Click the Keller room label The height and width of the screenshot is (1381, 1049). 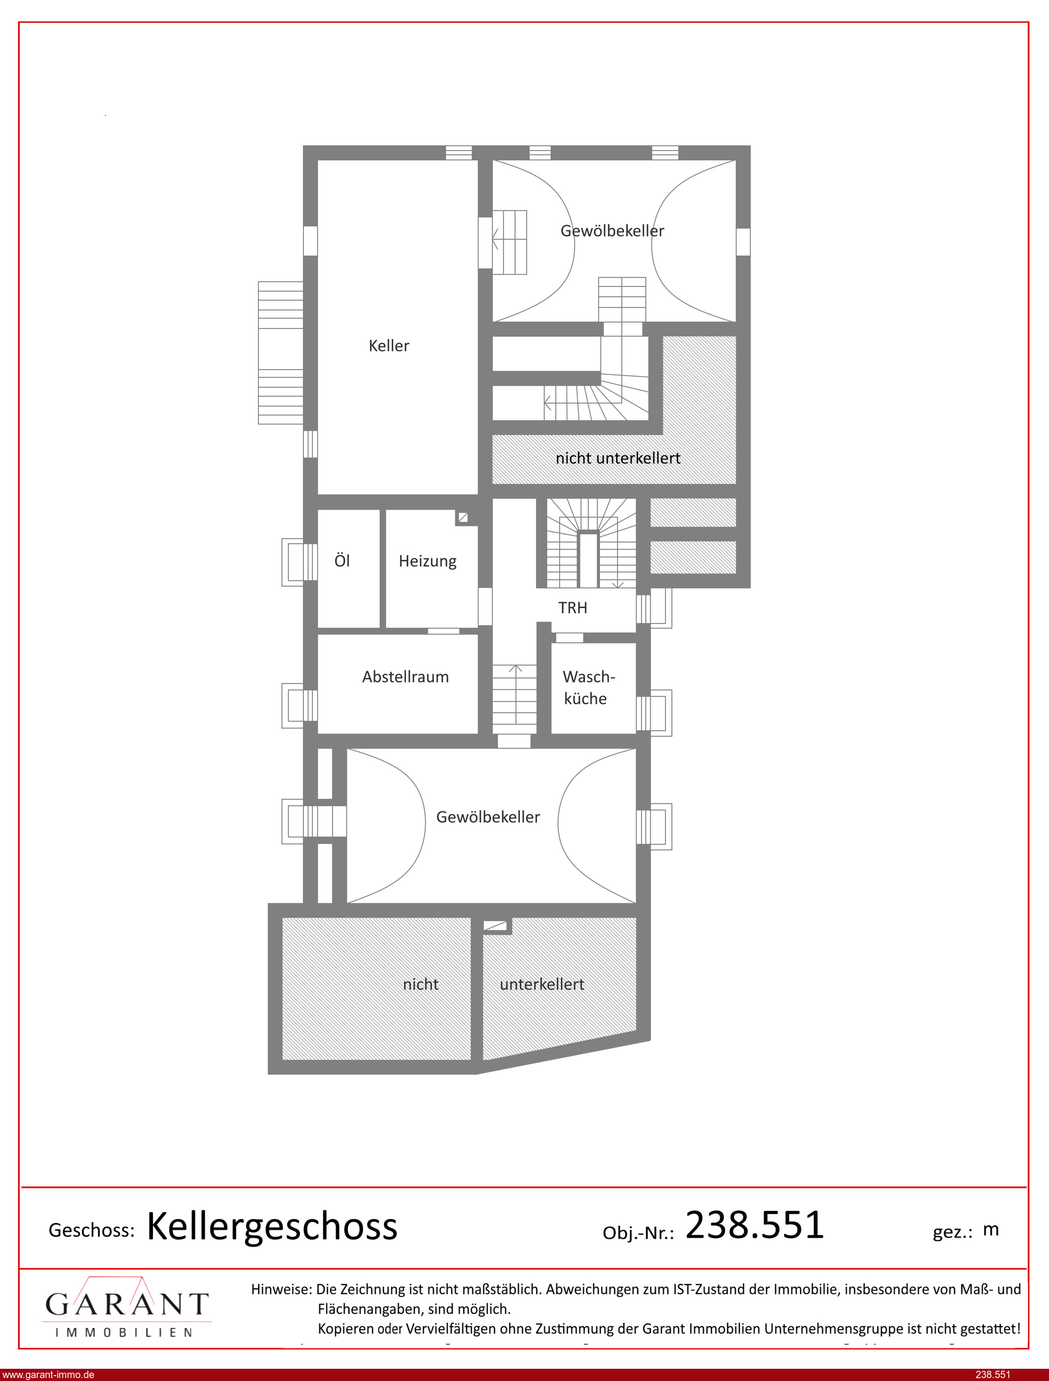pos(388,346)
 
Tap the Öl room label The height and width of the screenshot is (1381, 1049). pos(342,560)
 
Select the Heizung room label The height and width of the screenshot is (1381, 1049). pos(428,561)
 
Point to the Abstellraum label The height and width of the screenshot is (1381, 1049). pos(405,677)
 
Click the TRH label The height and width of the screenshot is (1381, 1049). pos(573,608)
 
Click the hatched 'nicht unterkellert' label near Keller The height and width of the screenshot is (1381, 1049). pos(618,458)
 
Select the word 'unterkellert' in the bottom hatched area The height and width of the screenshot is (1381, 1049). pos(542,985)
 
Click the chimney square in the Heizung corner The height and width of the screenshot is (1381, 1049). pos(463,517)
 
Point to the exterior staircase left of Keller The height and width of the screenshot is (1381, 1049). pos(280,353)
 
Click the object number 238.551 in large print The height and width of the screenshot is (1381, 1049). pos(754,1225)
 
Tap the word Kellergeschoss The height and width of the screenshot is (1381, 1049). pos(272,1227)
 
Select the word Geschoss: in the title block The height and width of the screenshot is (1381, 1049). pos(92,1230)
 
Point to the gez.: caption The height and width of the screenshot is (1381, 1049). pos(952,1232)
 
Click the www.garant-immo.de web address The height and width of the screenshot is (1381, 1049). pos(48,1375)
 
